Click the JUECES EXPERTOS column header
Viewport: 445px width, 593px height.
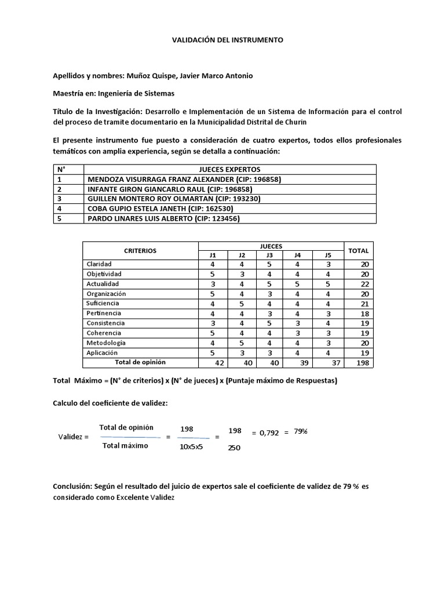coord(229,169)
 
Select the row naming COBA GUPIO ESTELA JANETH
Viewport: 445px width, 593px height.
coord(161,208)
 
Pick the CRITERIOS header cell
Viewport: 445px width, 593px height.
coord(140,251)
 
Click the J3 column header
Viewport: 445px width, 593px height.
coord(269,255)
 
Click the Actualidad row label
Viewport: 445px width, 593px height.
coord(103,284)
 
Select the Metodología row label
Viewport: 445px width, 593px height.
coord(106,343)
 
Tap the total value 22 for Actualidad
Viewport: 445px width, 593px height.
coord(364,284)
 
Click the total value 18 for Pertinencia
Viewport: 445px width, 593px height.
coord(364,313)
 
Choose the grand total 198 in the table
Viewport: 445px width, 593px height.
coord(363,363)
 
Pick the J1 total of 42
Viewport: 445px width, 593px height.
coord(220,363)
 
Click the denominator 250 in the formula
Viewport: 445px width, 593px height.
coord(235,448)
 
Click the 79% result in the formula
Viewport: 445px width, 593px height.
coord(300,431)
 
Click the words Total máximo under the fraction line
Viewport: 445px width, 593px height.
coord(126,445)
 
